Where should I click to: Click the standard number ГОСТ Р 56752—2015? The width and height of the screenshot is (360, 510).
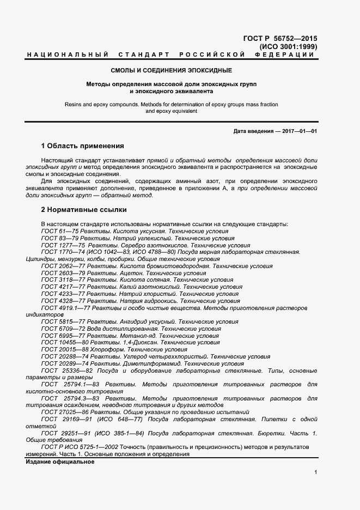279,39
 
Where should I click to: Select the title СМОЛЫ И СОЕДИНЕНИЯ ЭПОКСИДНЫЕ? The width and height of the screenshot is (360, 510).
172,71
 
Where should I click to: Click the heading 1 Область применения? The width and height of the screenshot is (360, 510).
83,146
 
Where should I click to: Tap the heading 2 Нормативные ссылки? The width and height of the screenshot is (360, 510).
84,209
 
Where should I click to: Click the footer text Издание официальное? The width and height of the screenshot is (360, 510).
60,462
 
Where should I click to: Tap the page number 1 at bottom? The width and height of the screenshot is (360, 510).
316,472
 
